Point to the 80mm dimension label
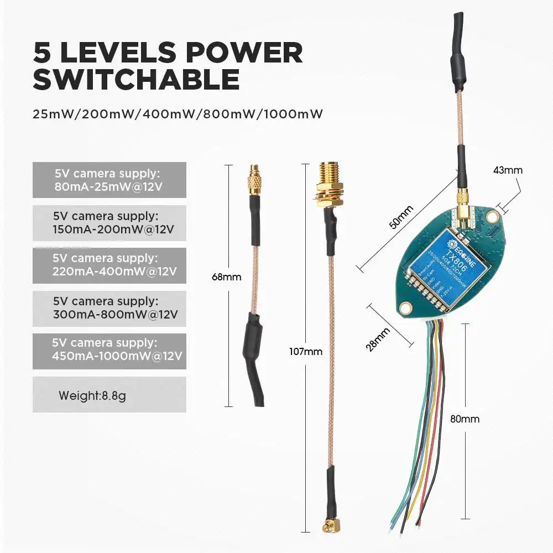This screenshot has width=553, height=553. coord(465,419)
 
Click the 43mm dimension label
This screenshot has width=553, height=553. coord(507,170)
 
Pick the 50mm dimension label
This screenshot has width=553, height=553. coord(401,217)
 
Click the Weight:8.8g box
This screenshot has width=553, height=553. coord(109,395)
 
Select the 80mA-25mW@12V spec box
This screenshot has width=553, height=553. coord(109,180)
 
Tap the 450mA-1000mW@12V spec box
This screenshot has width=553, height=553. coord(109,350)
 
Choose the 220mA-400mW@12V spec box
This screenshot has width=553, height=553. coord(109,265)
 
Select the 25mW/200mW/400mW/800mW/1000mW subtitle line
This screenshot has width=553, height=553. coord(178,114)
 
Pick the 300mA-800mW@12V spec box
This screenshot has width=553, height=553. coord(109,308)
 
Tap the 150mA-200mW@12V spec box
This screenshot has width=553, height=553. coord(109,222)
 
